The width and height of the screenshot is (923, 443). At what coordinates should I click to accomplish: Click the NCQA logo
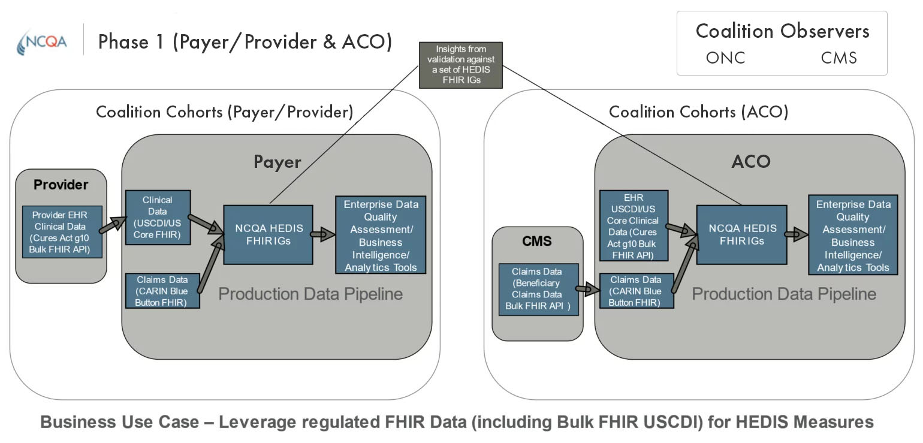point(42,41)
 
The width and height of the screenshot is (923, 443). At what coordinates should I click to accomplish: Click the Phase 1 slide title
point(245,41)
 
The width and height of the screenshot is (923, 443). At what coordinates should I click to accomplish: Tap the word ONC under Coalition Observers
point(725,58)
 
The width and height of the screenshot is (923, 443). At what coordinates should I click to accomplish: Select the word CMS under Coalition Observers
point(838,58)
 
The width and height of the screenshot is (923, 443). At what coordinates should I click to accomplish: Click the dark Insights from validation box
point(460,65)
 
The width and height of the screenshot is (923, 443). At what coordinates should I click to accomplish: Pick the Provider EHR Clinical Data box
point(61,231)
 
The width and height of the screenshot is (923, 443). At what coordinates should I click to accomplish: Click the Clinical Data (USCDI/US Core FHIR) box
point(158,217)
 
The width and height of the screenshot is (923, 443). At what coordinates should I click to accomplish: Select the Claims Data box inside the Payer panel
point(162,291)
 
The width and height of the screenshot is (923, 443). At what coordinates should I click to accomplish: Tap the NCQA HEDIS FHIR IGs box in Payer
point(268,234)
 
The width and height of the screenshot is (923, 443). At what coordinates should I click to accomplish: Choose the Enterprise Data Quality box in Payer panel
point(381,235)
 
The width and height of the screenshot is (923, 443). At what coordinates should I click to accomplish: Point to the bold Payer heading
point(277,162)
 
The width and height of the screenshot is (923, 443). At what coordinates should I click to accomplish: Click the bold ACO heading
point(750,162)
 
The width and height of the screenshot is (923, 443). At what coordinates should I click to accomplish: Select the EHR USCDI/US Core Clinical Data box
point(633,225)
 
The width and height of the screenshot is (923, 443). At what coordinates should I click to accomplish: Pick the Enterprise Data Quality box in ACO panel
point(853,235)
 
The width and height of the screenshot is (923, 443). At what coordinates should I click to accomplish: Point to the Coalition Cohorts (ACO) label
point(698,111)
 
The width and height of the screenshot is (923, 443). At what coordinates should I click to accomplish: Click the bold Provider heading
point(61,185)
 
